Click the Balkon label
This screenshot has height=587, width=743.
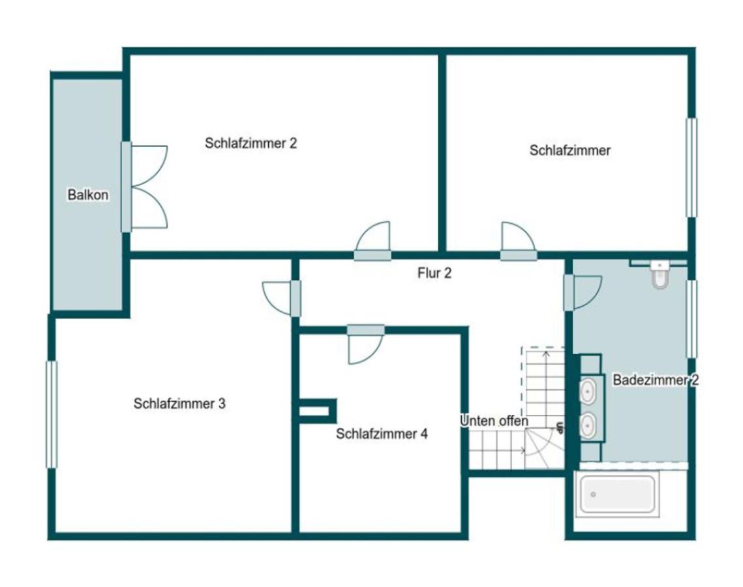tap(87, 195)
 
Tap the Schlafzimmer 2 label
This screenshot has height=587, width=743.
tap(250, 143)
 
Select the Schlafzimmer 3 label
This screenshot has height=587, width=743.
tap(179, 404)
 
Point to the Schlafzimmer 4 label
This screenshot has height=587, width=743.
tap(382, 434)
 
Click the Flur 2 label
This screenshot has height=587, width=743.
tap(434, 273)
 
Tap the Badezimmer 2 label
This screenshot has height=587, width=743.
tap(656, 380)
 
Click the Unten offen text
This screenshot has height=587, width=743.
tap(494, 421)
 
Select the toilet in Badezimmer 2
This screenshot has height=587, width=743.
tap(659, 274)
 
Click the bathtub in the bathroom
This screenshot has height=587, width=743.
tap(618, 494)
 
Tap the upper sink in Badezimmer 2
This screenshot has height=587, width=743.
tap(588, 391)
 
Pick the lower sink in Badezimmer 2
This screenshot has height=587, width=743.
tap(588, 425)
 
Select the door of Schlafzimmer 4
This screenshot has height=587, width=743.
tap(365, 344)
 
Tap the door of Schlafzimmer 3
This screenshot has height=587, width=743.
tap(281, 299)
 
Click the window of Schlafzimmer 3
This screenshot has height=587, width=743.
tap(51, 415)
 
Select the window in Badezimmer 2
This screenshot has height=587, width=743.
tap(692, 320)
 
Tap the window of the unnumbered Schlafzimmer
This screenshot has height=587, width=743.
tap(692, 168)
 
